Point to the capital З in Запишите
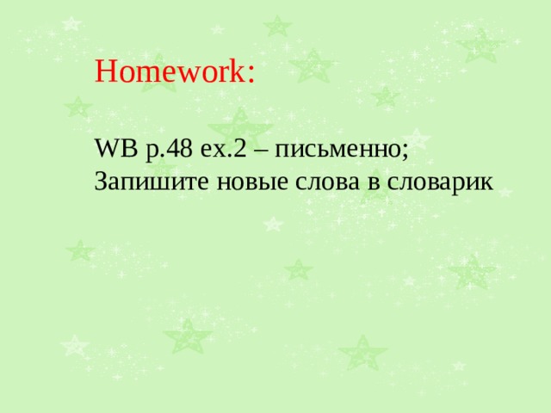[x=102, y=182]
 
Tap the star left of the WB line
[x=78, y=108]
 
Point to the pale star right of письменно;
[x=418, y=138]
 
